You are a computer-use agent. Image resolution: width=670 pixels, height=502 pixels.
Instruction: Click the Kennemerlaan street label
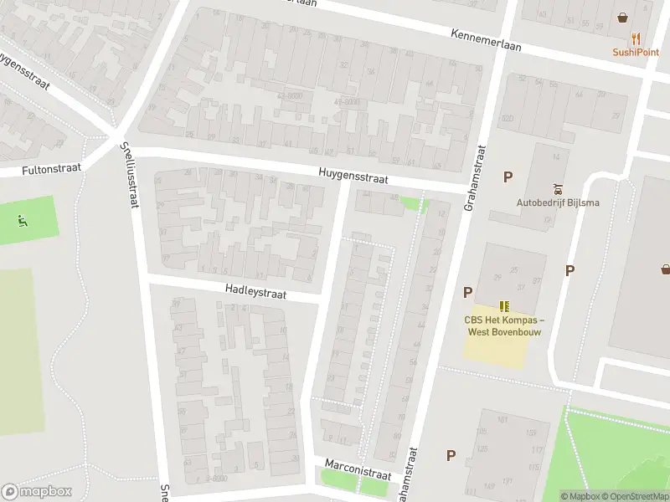click(486, 40)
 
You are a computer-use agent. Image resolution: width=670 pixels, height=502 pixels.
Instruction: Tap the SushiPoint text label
click(636, 52)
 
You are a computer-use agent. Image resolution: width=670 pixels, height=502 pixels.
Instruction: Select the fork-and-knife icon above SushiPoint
click(636, 38)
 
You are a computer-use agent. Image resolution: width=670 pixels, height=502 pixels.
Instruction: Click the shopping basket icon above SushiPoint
click(623, 17)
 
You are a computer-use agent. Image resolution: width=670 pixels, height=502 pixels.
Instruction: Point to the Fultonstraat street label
click(52, 169)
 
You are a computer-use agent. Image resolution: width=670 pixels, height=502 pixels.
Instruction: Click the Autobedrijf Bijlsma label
click(558, 202)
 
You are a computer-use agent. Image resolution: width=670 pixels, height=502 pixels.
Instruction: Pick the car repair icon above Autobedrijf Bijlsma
click(558, 188)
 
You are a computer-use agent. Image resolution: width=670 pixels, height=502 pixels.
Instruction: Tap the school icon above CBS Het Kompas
click(505, 306)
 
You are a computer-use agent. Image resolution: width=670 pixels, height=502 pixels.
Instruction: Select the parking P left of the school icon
click(468, 292)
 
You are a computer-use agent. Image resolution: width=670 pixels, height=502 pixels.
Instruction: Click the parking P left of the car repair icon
click(508, 177)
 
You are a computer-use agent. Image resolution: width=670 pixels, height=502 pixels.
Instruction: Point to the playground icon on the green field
click(23, 221)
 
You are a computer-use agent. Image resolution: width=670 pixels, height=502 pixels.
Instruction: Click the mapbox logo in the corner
click(37, 492)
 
